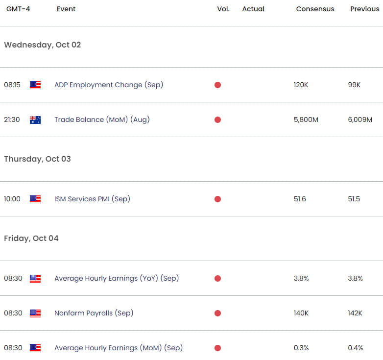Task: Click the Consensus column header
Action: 315,9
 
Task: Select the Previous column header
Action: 365,9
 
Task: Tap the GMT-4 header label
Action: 18,9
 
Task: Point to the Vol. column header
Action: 223,9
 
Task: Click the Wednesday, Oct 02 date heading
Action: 43,45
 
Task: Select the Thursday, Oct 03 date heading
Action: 37,159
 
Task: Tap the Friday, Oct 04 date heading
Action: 31,239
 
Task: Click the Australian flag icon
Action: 35,120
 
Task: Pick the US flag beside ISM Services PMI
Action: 35,199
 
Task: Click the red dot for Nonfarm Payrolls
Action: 217,313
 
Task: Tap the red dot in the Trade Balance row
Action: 217,120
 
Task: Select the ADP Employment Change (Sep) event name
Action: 109,85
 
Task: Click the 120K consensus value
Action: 301,85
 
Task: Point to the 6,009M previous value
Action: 360,120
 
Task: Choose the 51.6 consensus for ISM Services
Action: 300,199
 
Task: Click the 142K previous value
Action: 355,313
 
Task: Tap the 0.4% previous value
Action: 356,348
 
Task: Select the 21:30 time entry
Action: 12,120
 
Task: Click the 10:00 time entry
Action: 12,199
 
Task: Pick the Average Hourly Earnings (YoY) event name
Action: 117,278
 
